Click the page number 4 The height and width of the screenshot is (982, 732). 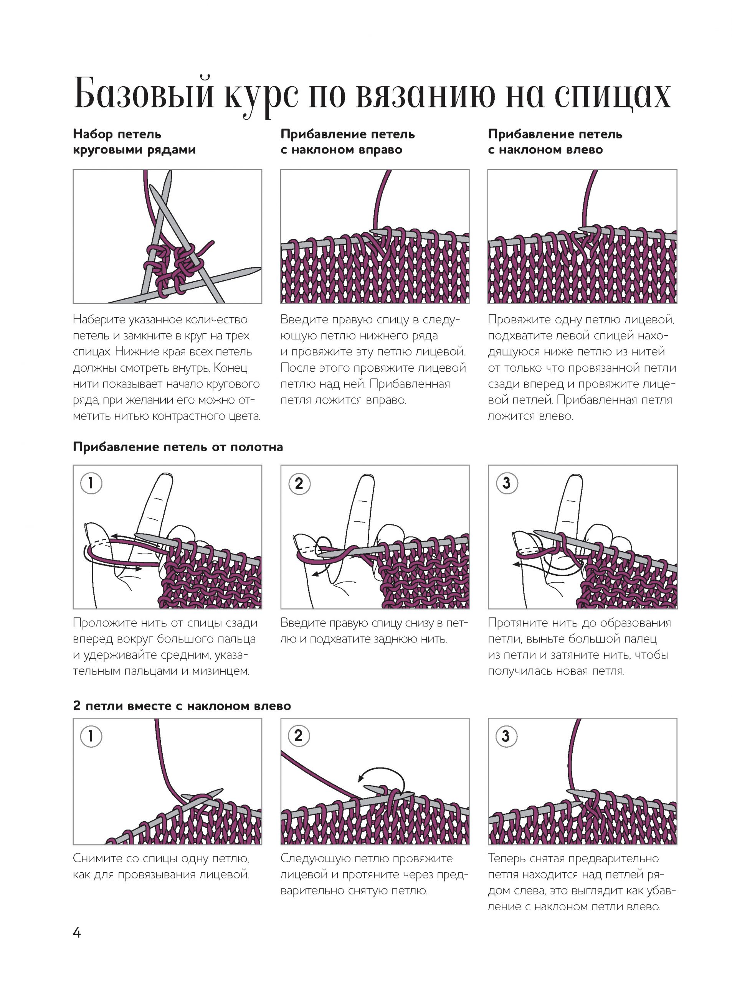tap(77, 933)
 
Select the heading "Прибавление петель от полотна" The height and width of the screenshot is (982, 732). tap(178, 447)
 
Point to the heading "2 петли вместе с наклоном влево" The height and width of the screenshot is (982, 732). tap(182, 706)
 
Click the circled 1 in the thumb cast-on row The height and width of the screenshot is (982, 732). tap(91, 483)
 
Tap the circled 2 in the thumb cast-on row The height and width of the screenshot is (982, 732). tap(299, 483)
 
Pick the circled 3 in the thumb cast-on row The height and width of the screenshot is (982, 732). tap(506, 483)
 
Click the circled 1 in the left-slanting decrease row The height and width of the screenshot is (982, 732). tap(91, 736)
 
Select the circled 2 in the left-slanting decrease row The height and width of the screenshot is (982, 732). tap(299, 736)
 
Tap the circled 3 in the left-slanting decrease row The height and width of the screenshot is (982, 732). tap(506, 736)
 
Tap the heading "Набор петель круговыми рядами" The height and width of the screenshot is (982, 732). tap(134, 142)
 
